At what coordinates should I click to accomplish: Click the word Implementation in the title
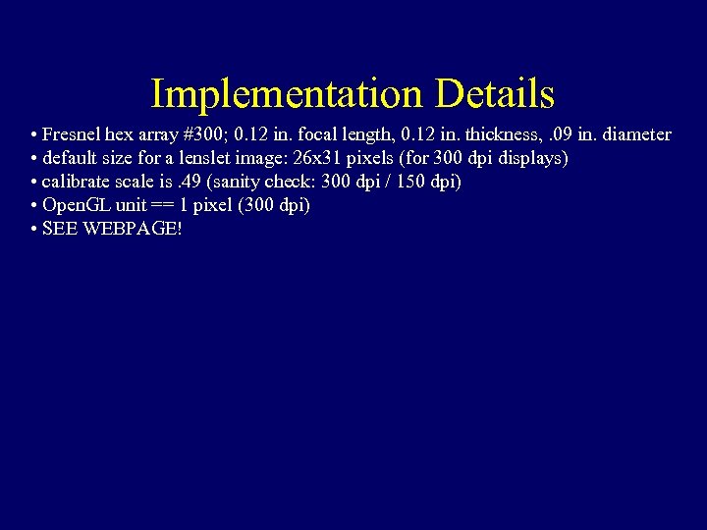click(286, 95)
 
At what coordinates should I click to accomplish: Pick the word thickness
click(500, 134)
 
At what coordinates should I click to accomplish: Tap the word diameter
click(635, 134)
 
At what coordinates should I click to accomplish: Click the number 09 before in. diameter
click(562, 134)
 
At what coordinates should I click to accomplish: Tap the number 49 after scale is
click(191, 182)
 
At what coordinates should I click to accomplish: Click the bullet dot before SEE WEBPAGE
click(34, 230)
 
